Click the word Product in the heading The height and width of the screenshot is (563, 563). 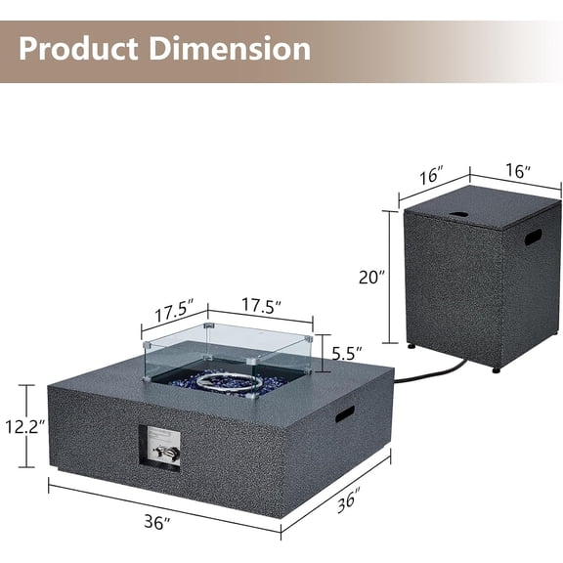[x=78, y=49]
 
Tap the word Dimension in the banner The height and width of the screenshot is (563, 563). [x=230, y=49]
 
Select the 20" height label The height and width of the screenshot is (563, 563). [x=371, y=278]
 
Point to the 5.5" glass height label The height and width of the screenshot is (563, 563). [x=347, y=354]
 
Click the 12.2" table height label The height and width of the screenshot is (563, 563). [x=25, y=427]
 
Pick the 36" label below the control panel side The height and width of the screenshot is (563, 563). [x=157, y=522]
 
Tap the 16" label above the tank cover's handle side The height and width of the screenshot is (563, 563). [x=517, y=171]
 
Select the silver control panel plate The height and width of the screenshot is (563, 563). [x=164, y=448]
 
